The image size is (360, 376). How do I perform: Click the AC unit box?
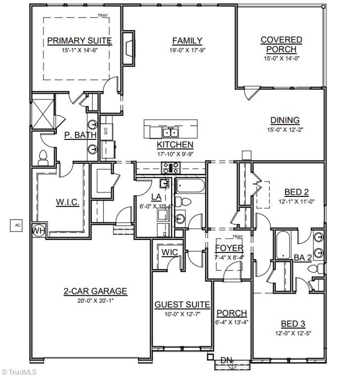(x=18, y=225)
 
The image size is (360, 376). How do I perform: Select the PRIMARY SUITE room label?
(x=79, y=41)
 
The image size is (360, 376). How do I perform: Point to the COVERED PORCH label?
(x=281, y=45)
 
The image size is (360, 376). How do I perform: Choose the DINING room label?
(x=284, y=120)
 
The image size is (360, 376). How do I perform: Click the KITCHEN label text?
(x=175, y=144)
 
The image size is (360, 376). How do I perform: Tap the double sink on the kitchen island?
(x=171, y=132)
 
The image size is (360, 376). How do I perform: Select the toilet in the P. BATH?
(x=43, y=157)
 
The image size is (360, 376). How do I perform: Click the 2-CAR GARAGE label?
(x=95, y=291)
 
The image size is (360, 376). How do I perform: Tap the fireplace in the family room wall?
(x=128, y=48)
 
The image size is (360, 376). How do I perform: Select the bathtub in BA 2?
(x=283, y=245)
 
